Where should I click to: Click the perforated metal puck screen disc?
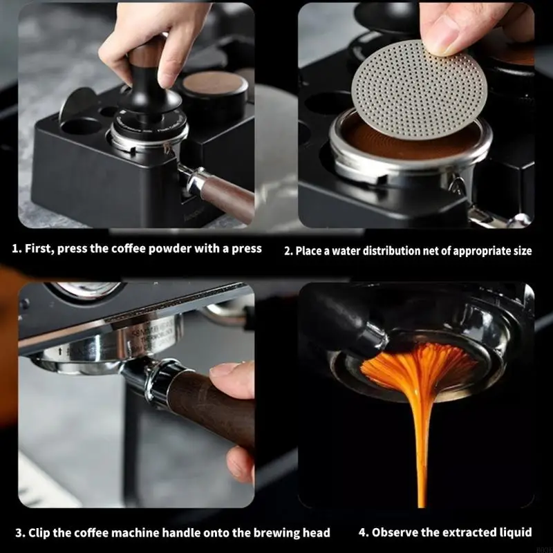[x=419, y=90]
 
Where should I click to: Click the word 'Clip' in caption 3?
[x=39, y=532]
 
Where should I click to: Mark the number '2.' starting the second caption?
[x=288, y=251]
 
